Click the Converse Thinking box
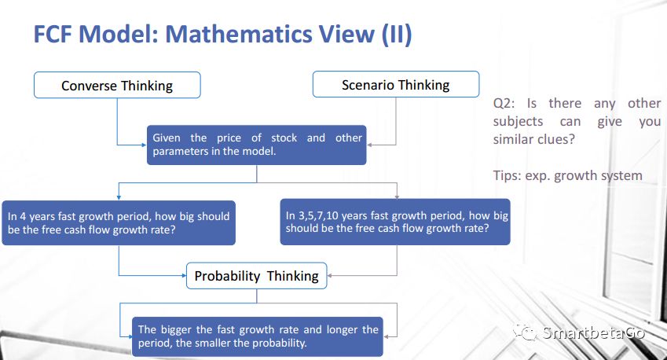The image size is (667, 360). (117, 85)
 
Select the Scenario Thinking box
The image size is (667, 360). (396, 84)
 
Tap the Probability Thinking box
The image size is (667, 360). (256, 276)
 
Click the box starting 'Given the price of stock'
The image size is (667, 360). (256, 145)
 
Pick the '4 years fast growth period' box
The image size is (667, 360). (119, 222)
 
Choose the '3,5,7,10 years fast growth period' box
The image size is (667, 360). (395, 222)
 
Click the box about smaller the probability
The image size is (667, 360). (258, 336)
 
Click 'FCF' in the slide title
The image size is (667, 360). (53, 34)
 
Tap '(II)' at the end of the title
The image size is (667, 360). (397, 35)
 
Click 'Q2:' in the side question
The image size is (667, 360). (504, 104)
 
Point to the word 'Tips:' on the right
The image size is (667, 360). (507, 176)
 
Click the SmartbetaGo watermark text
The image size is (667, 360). (594, 332)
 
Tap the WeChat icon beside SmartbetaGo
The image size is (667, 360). (525, 332)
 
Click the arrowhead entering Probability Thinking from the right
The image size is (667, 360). (329, 276)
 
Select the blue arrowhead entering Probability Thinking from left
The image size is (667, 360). (184, 276)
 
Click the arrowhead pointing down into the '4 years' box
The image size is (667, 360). (119, 197)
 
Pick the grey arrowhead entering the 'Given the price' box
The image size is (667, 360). (369, 145)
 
